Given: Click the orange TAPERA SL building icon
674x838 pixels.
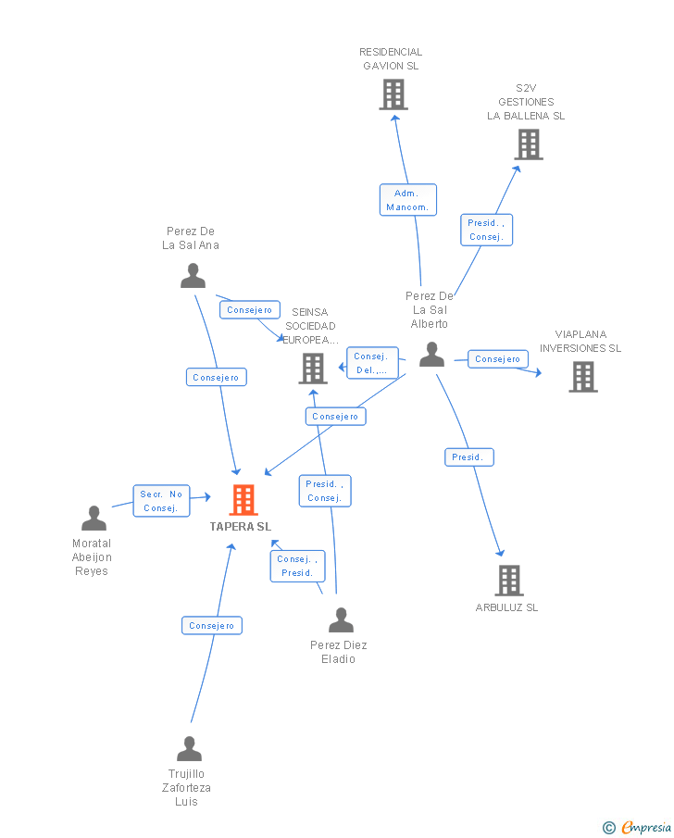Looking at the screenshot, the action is [x=243, y=500].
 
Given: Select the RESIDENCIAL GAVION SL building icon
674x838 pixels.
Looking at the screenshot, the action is [x=393, y=94].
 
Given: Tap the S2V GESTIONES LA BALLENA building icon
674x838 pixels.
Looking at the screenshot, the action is [x=529, y=144].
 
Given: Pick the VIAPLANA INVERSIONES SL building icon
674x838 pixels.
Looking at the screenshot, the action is [x=583, y=377].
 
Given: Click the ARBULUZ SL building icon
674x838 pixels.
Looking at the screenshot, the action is [x=509, y=581].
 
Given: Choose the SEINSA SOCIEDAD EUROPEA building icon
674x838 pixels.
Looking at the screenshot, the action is [x=313, y=369].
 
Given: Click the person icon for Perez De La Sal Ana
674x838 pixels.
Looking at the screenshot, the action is [x=193, y=276].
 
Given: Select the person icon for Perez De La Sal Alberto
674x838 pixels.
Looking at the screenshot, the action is [x=431, y=355].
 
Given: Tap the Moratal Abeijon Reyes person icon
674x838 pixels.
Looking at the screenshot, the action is [x=94, y=518].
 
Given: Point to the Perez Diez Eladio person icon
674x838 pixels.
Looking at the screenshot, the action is [x=341, y=620].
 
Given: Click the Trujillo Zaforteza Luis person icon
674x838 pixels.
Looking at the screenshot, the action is [x=189, y=748].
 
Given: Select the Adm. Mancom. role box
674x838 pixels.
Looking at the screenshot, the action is [x=408, y=200].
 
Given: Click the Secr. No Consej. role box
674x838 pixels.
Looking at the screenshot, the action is [x=161, y=501].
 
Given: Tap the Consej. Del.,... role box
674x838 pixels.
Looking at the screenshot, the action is [x=372, y=363].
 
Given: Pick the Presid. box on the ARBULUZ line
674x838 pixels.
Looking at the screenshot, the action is [x=469, y=457].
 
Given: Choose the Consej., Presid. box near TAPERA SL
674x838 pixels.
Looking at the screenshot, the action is [x=298, y=566].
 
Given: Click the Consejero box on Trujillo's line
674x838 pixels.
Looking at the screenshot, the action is [x=212, y=625].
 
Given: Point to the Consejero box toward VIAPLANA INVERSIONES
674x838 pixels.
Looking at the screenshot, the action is [x=498, y=358].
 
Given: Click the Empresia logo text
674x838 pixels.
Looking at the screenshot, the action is [x=646, y=827].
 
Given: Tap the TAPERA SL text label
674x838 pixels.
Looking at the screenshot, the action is [x=241, y=527].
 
